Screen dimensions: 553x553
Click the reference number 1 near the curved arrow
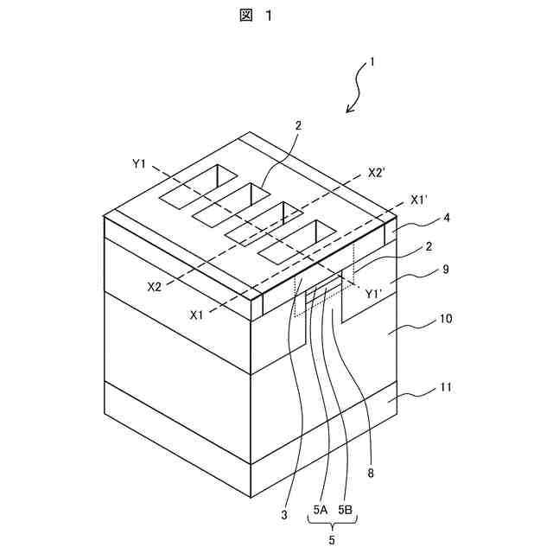[x=372, y=61]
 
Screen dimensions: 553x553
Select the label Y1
[x=140, y=162]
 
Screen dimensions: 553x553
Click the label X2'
[x=376, y=173]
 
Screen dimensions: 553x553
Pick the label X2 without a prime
[x=156, y=286]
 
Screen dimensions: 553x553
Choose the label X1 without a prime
[x=197, y=315]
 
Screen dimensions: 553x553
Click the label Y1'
[x=374, y=294]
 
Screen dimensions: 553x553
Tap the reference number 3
[x=283, y=515]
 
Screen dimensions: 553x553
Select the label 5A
[x=320, y=510]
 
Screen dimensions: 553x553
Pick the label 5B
[x=346, y=510]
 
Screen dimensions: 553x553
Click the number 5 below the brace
[x=333, y=542]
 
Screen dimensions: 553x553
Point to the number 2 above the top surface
[x=297, y=126]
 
